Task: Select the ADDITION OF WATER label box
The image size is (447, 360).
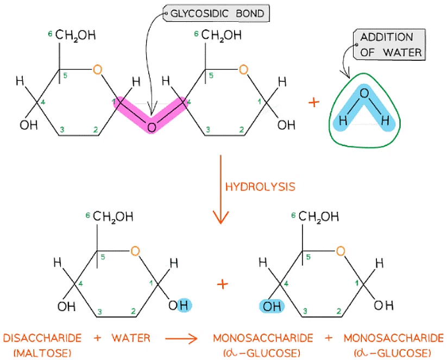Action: [387, 45]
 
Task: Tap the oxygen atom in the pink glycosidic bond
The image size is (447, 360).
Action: [152, 127]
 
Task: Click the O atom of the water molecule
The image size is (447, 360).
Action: [364, 94]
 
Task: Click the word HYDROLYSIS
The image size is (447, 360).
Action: [260, 186]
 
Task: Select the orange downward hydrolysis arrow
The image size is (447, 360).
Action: [220, 190]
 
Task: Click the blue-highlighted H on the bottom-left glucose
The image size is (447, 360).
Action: [184, 306]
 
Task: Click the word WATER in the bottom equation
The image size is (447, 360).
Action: [131, 338]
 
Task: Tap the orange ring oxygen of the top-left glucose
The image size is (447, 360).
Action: [97, 70]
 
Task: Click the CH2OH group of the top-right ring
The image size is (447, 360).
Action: [222, 36]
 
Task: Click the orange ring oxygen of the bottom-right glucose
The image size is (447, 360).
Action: [340, 251]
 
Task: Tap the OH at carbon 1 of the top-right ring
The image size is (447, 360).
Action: [286, 125]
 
